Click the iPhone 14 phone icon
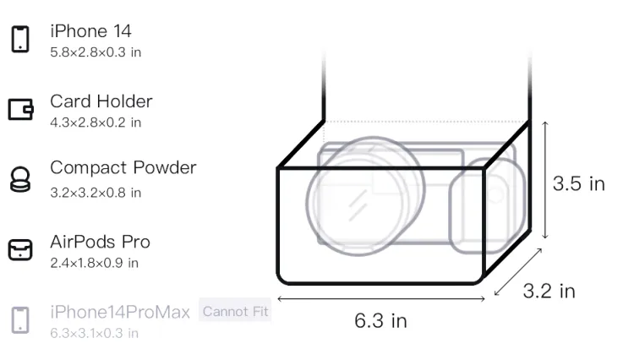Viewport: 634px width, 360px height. [x=20, y=39]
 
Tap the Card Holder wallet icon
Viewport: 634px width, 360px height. [x=20, y=110]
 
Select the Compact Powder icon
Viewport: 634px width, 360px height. [x=20, y=179]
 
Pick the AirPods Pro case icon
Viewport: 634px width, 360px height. [x=20, y=249]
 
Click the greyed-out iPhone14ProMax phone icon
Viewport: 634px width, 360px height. [x=20, y=320]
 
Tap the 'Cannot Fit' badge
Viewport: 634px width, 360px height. [x=235, y=311]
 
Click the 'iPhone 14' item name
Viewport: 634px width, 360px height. [x=90, y=31]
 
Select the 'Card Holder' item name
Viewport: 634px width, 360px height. [x=101, y=101]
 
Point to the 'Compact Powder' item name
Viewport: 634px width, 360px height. [x=123, y=167]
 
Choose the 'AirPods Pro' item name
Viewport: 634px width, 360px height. [x=100, y=242]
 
